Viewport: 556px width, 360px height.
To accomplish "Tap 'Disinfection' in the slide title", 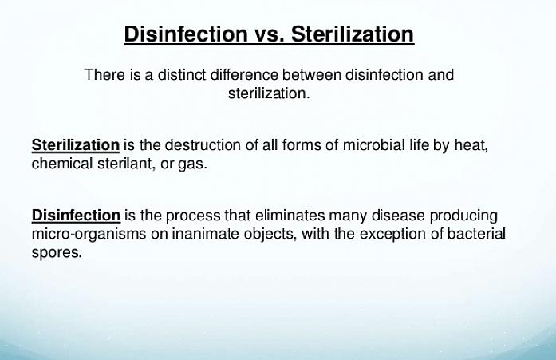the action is coord(186,34).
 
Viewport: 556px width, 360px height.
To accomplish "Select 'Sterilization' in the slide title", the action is coord(353,34).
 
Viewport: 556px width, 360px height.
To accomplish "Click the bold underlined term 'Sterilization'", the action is coord(76,145).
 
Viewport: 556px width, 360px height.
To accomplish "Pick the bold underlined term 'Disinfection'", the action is coord(76,216).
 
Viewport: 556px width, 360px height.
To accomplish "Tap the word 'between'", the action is coord(312,75).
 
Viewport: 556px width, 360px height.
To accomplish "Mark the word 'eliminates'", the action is coord(290,216).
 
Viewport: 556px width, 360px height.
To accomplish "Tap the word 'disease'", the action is coord(398,216).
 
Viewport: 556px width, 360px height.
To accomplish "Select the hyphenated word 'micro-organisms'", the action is coord(89,235).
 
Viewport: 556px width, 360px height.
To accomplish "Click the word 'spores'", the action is coord(57,253).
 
